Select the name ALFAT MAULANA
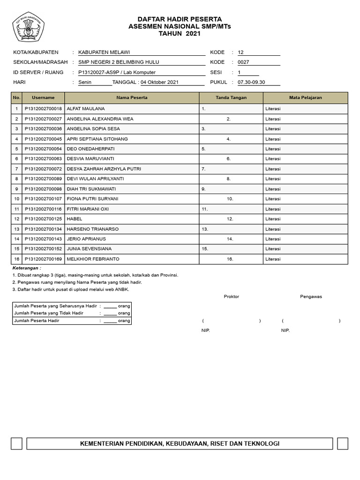(x=86, y=109)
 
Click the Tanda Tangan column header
(x=231, y=97)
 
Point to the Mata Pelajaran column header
(x=305, y=97)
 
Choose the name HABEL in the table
(x=75, y=219)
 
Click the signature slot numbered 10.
(x=230, y=199)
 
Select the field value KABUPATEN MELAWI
(x=104, y=52)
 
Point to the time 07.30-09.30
(x=251, y=82)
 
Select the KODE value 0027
(x=244, y=62)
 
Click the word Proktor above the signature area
(x=231, y=296)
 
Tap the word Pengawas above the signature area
(x=311, y=296)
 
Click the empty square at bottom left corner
(x=17, y=443)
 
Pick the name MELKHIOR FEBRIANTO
(x=93, y=259)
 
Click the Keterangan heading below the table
(x=27, y=268)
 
